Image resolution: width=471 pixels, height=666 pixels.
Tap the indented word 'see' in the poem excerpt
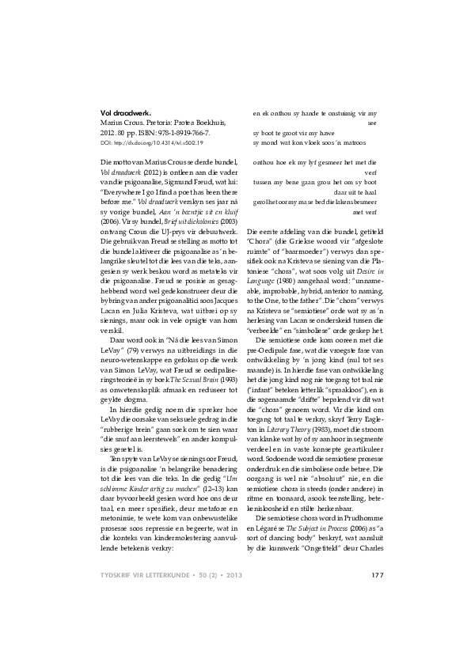tap(373, 123)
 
